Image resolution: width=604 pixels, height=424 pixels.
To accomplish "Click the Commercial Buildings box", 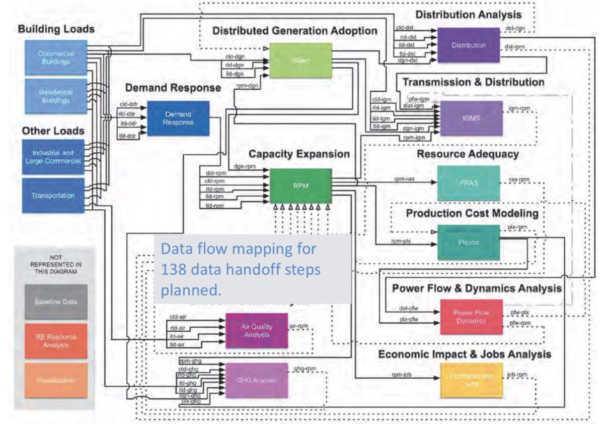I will coord(56,57).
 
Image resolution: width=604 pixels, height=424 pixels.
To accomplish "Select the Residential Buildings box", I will coord(56,96).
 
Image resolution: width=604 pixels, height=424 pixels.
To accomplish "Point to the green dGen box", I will coord(300,60).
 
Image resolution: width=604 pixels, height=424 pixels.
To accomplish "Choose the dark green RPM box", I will coord(300,185).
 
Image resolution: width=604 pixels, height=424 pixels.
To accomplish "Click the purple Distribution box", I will coord(468,45).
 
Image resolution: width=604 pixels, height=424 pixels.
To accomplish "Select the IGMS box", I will coord(471,118).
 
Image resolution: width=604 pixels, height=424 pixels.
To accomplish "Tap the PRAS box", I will coord(468,183).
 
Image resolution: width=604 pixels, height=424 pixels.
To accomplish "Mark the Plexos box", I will coord(468,243).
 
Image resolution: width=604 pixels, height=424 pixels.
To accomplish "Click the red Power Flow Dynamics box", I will coord(471,317).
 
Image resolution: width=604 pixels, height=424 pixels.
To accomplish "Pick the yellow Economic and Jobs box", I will coord(471,380).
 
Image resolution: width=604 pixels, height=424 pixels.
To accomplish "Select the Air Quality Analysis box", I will coord(256,330).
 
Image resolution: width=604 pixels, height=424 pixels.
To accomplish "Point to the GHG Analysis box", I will coord(256,380).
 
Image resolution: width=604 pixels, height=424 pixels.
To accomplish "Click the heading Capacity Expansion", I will coord(298,154).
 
